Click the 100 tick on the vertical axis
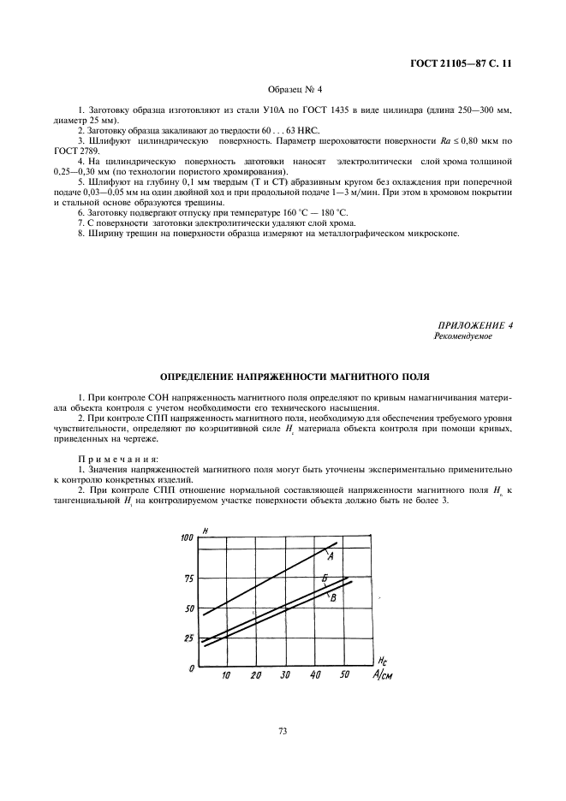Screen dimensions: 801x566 point(187,537)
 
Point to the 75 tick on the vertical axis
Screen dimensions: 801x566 point(188,578)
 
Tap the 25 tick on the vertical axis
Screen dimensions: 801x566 point(188,638)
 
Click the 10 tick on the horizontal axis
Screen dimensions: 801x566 point(226,676)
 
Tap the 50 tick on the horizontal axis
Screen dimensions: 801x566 point(344,676)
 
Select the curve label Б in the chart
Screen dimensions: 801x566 point(325,579)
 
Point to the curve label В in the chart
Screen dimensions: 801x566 point(331,598)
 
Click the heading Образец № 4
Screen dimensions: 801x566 point(283,89)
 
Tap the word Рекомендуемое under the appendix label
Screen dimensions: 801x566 point(463,337)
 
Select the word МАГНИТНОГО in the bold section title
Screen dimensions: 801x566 point(343,376)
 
